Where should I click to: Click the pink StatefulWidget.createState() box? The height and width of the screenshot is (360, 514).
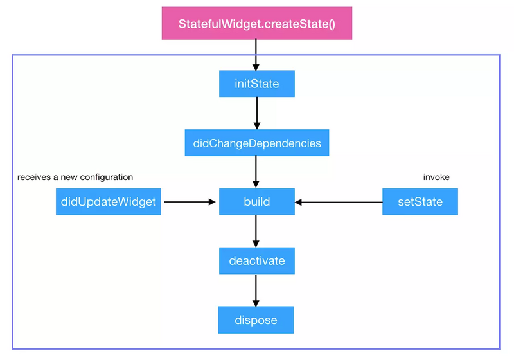coord(256,23)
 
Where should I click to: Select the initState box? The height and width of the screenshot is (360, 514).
coord(256,84)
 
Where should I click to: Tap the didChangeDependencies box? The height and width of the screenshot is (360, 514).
coord(256,143)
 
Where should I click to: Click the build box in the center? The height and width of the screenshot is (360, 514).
coord(256,202)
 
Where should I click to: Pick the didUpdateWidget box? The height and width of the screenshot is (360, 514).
coord(109,202)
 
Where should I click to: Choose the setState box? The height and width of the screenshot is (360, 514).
coord(420,202)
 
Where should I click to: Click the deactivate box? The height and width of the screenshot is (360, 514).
coord(256,261)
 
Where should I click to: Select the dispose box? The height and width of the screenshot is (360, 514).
coord(256,319)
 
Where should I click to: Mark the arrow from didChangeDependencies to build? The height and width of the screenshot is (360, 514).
coord(256,172)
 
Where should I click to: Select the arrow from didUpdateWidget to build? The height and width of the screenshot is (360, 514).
coord(190,202)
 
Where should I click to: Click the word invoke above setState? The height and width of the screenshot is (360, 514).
coord(436,177)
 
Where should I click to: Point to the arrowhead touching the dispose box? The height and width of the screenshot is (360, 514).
coord(256,303)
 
